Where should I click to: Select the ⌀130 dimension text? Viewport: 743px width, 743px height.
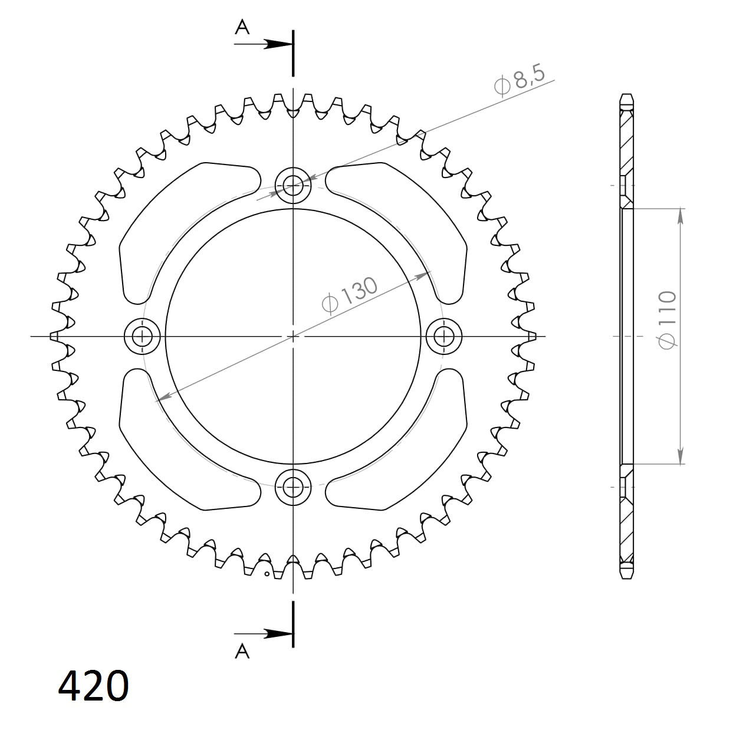pos(349,296)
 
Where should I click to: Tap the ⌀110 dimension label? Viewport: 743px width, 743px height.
pos(667,320)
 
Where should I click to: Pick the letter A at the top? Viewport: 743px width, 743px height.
pos(242,27)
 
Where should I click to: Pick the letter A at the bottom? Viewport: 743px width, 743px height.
pos(242,652)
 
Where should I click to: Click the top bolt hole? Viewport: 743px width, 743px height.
pos(293,186)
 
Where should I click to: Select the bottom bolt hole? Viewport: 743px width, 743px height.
pos(293,487)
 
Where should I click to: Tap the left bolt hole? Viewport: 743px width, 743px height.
pos(142,337)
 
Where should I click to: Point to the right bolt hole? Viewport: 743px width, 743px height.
pos(444,337)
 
